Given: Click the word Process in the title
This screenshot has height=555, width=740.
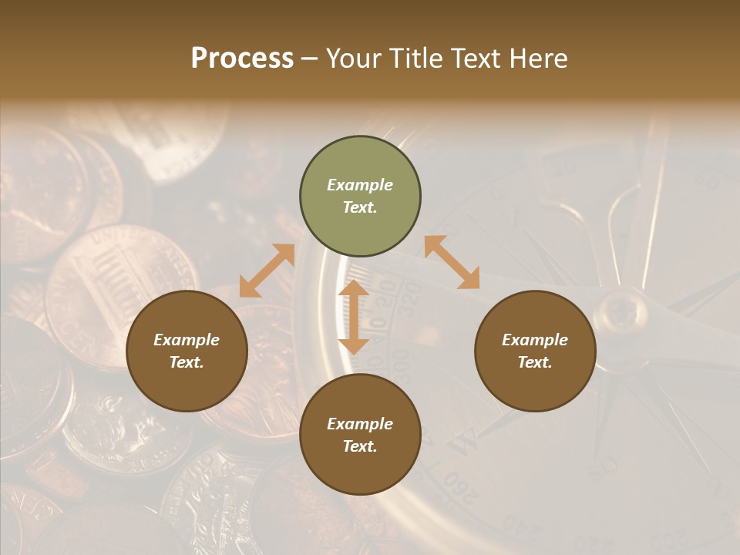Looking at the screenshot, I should (242, 59).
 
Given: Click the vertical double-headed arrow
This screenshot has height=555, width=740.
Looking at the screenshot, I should (354, 318).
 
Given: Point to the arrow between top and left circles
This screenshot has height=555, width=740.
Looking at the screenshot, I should (267, 271).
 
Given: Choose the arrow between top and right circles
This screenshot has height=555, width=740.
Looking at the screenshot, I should (452, 262).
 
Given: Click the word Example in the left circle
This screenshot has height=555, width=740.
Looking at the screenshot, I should (187, 340).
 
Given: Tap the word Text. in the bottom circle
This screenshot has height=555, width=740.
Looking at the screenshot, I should (360, 446).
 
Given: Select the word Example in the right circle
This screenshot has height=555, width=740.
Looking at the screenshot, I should (535, 340).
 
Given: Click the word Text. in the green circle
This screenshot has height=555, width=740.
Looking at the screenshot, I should (360, 207).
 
